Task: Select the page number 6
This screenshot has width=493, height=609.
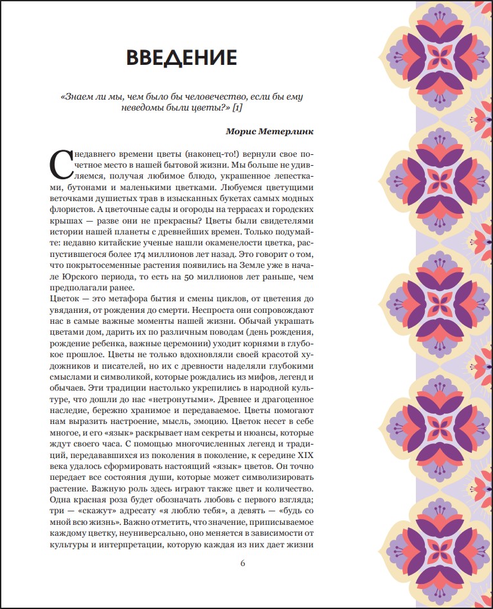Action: click(x=243, y=563)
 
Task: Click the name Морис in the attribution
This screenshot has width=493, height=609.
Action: click(x=241, y=131)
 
